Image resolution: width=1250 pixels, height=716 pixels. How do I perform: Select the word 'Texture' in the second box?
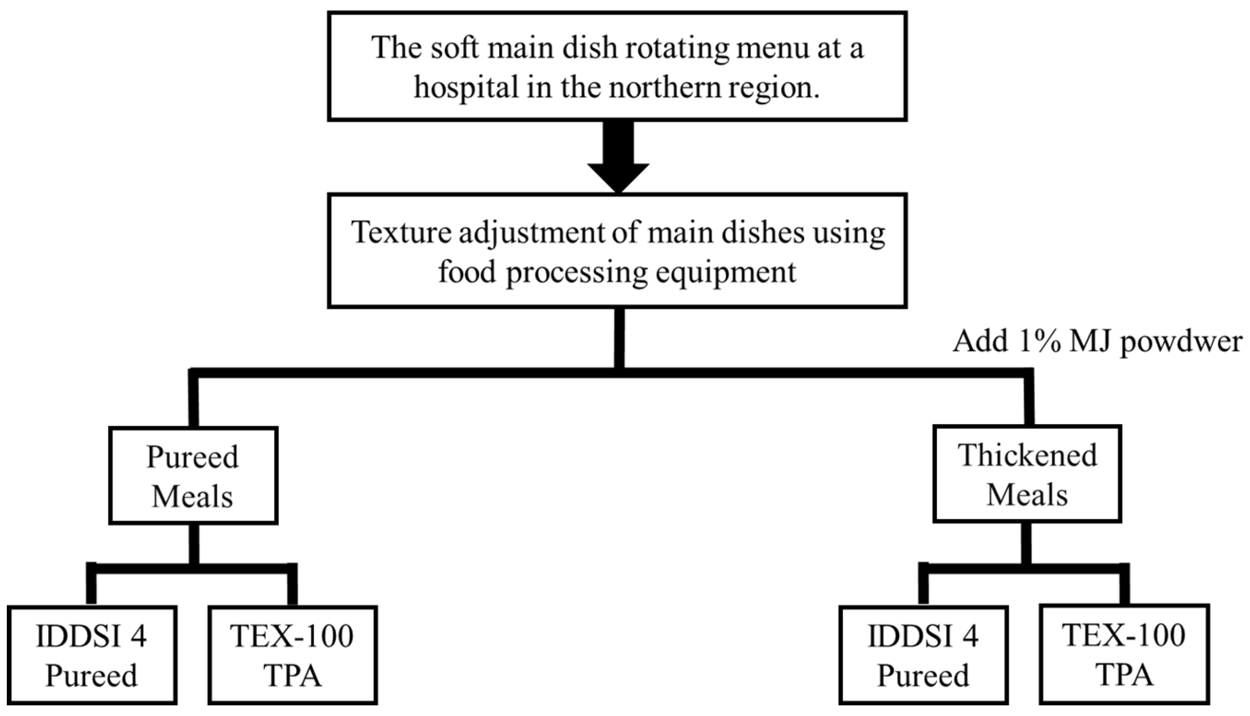(x=401, y=232)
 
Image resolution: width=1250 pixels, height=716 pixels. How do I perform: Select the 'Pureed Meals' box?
(x=193, y=476)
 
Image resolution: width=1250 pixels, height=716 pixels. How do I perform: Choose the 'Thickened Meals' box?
(x=1027, y=474)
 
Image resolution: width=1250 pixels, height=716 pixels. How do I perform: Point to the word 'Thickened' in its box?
(x=1027, y=455)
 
